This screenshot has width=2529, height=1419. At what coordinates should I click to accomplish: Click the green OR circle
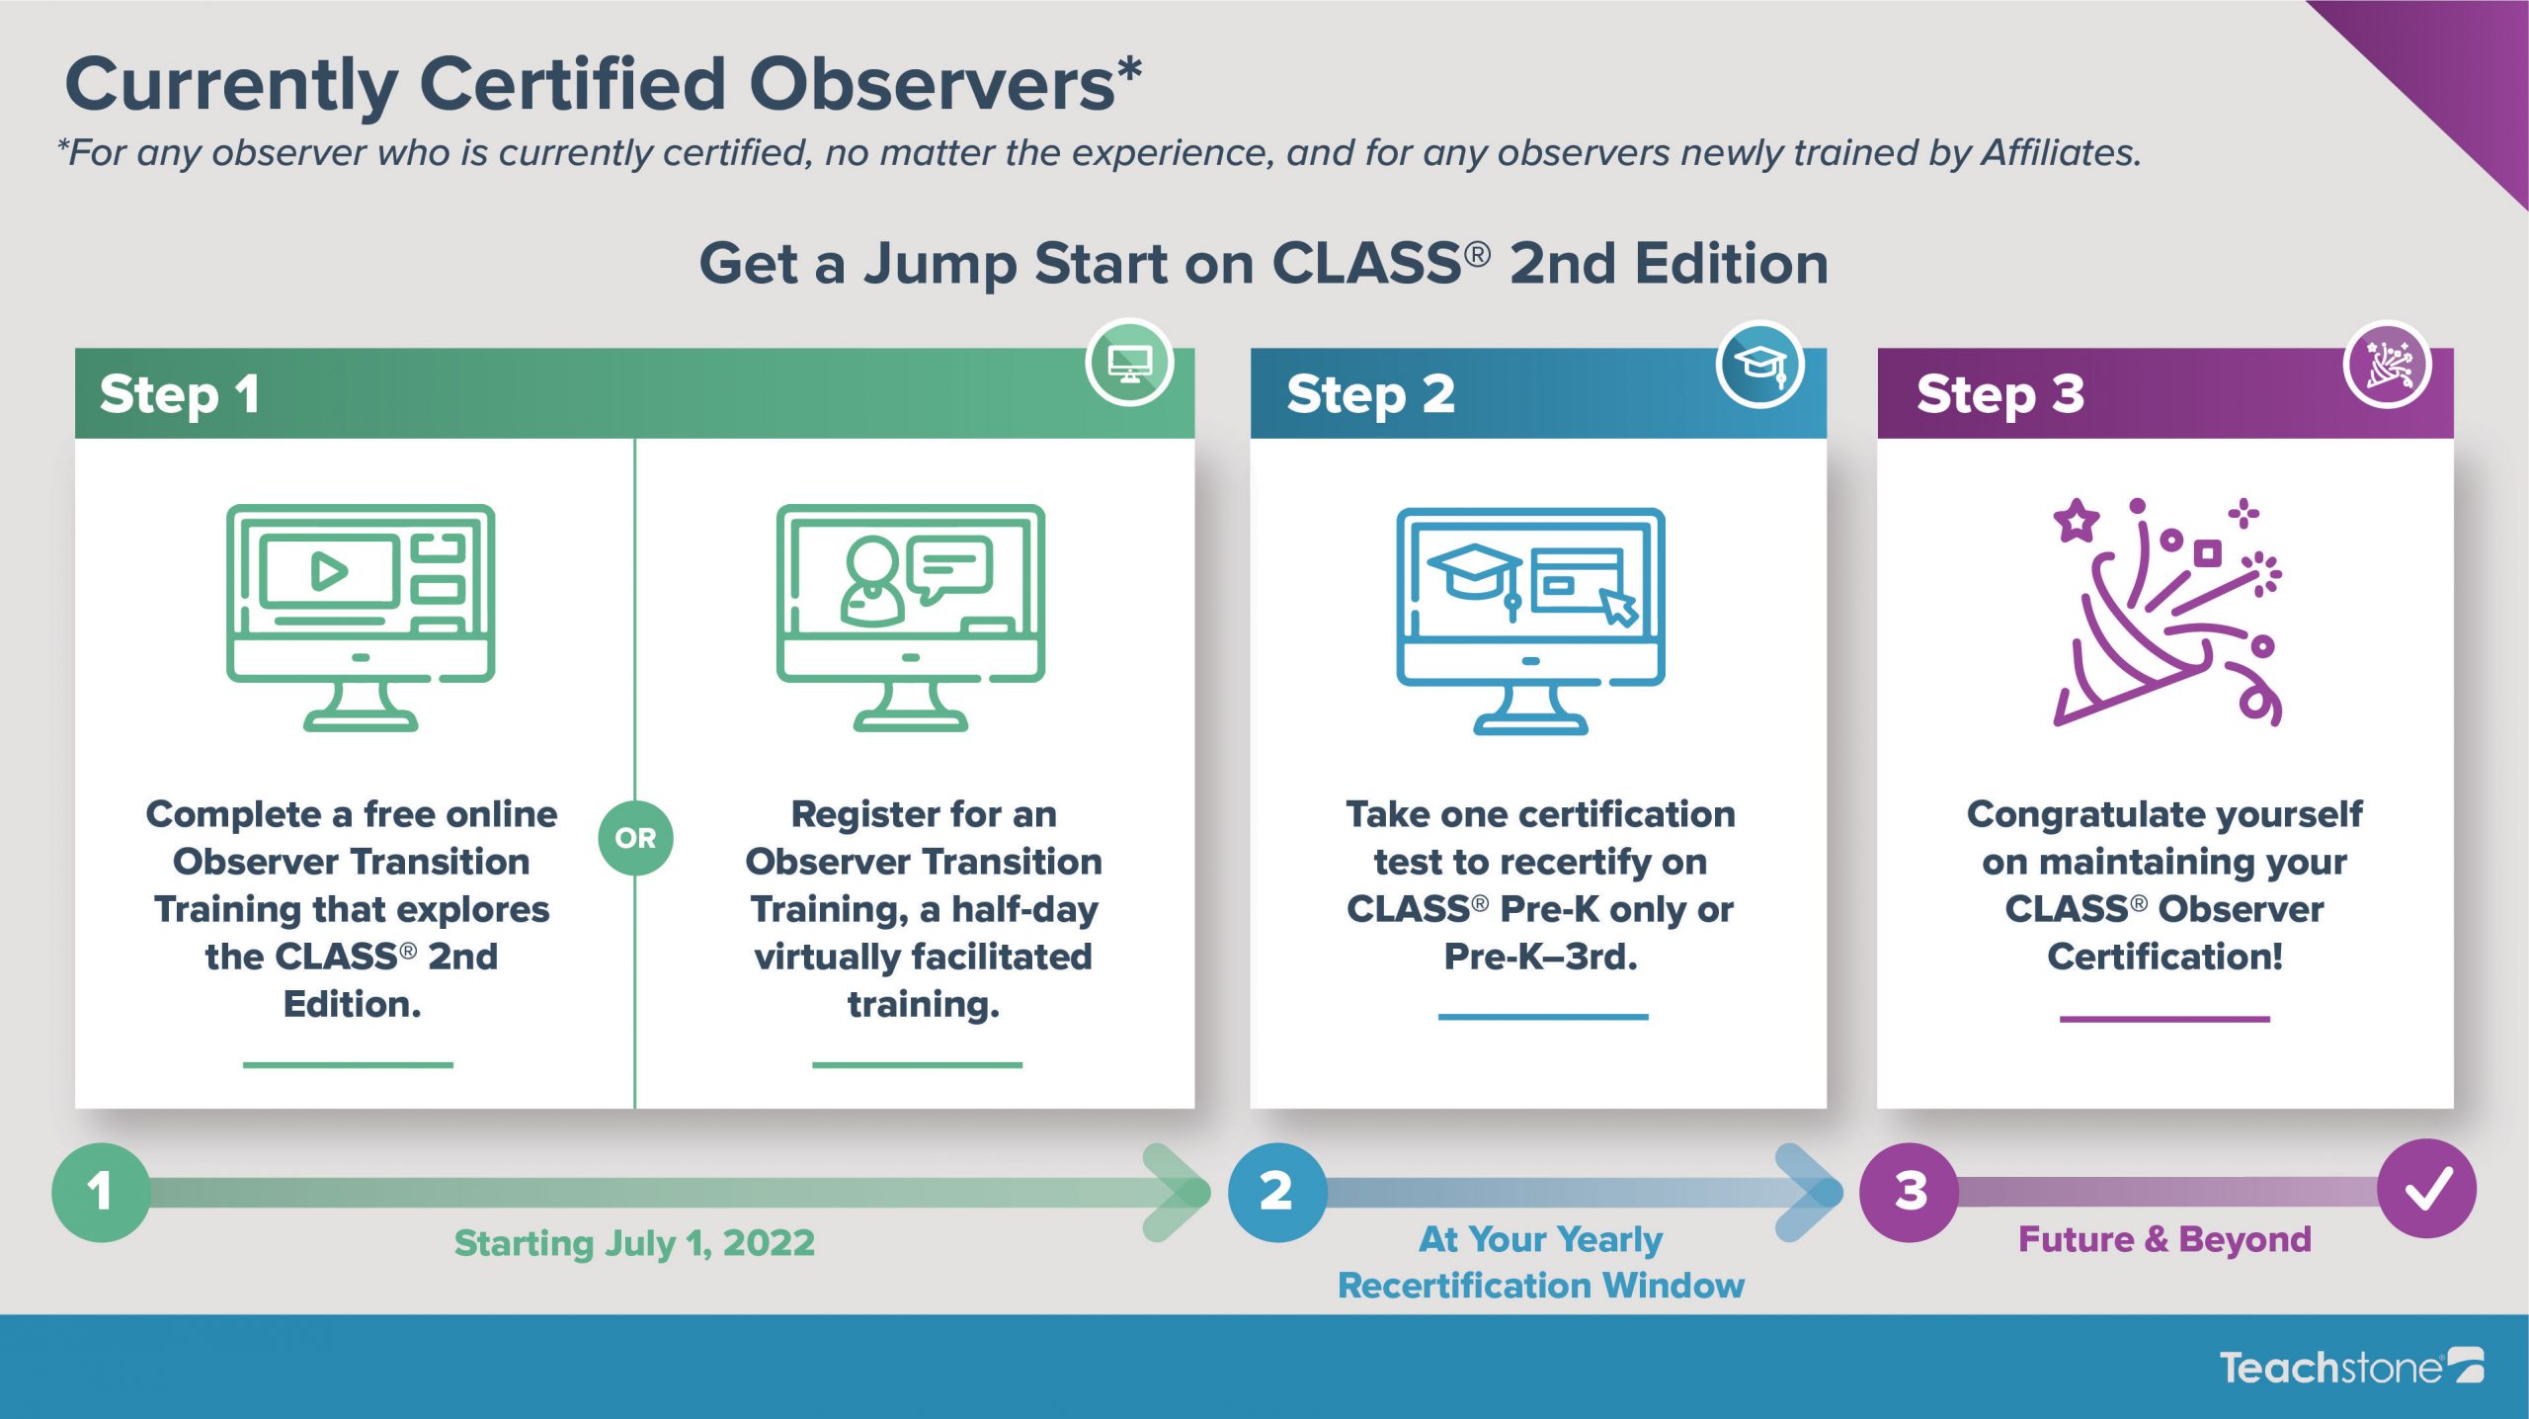pyautogui.click(x=635, y=838)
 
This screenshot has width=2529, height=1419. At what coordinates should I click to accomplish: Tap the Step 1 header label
pyautogui.click(x=180, y=394)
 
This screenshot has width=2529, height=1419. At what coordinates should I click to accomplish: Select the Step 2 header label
pyautogui.click(x=1370, y=394)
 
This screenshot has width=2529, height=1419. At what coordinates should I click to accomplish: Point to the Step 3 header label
pyautogui.click(x=2000, y=394)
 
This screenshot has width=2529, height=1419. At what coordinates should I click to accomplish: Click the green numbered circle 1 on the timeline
pyautogui.click(x=101, y=1192)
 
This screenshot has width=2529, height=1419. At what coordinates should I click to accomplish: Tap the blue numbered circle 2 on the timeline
pyautogui.click(x=1277, y=1192)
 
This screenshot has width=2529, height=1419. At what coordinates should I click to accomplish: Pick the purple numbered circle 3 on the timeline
pyautogui.click(x=1910, y=1192)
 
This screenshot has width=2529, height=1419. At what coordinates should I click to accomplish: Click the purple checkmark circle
pyautogui.click(x=2427, y=1189)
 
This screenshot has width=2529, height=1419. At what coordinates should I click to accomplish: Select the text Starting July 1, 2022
pyautogui.click(x=634, y=1243)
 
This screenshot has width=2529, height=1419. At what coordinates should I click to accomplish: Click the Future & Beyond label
pyautogui.click(x=2164, y=1239)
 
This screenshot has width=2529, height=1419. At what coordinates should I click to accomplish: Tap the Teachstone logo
pyautogui.click(x=2351, y=1367)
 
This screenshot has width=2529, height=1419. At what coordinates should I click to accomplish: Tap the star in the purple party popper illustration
pyautogui.click(x=2077, y=520)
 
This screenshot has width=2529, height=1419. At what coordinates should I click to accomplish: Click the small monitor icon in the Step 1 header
pyautogui.click(x=1130, y=363)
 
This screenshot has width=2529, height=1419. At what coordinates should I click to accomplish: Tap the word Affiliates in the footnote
pyautogui.click(x=2062, y=152)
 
